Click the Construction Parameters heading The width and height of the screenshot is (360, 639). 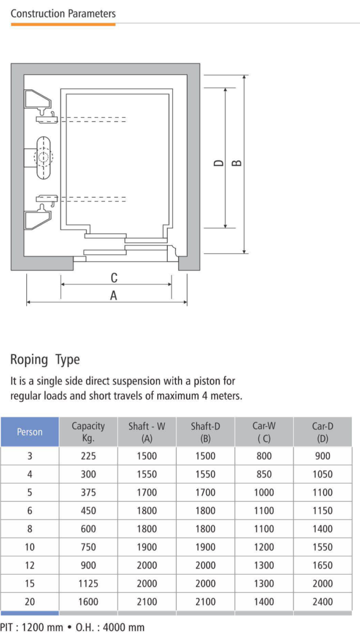point(63,14)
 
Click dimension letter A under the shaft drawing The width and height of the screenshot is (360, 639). point(114,295)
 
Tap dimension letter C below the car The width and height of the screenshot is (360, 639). point(114,278)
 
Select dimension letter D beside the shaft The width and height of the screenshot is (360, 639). point(219,163)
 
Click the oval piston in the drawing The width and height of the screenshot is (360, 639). point(43,158)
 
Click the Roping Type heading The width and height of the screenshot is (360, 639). point(45,360)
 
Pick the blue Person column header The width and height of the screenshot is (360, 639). point(30,432)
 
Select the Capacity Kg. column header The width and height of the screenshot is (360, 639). point(89,432)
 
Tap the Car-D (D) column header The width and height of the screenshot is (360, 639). point(323,432)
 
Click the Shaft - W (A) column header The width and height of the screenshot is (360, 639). point(147,432)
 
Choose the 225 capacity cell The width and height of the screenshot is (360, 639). point(89,456)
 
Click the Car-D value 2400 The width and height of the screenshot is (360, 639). point(323,602)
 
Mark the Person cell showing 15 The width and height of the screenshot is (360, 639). point(30,583)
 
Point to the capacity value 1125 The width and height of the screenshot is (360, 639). point(89,583)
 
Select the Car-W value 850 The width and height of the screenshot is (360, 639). point(264,474)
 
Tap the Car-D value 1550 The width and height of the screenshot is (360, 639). point(323,547)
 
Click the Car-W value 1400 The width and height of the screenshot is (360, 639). point(264,602)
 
